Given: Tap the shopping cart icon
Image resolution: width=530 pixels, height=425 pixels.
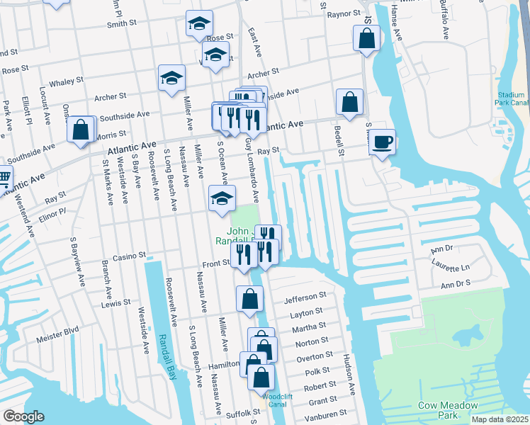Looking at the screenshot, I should pyautogui.click(x=4, y=176).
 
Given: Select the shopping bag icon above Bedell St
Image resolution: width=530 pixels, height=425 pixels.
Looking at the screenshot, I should pyautogui.click(x=350, y=102).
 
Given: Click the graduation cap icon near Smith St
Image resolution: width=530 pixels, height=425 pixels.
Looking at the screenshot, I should pyautogui.click(x=199, y=24).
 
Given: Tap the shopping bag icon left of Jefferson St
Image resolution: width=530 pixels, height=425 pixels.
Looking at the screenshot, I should pyautogui.click(x=250, y=299).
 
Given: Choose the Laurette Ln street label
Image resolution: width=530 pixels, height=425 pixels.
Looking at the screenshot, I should pyautogui.click(x=451, y=267).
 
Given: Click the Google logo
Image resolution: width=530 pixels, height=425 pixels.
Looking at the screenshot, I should pyautogui.click(x=23, y=416).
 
